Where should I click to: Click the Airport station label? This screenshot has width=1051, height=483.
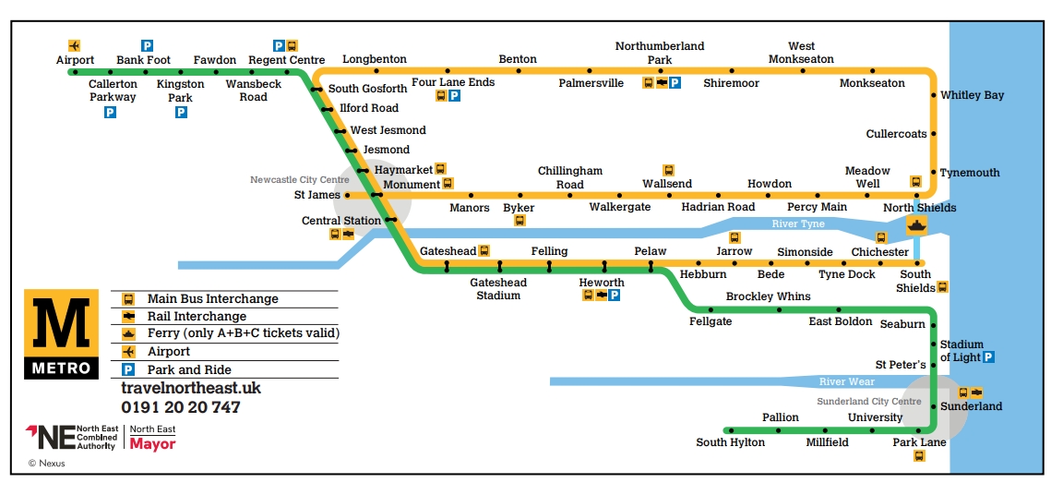pyautogui.click(x=75, y=60)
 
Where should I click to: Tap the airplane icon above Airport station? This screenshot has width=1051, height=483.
pyautogui.click(x=75, y=44)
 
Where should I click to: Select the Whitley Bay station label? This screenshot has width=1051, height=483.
pyautogui.click(x=972, y=95)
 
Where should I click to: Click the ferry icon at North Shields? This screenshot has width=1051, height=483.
pyautogui.click(x=917, y=225)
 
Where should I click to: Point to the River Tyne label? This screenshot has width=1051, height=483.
pyautogui.click(x=798, y=223)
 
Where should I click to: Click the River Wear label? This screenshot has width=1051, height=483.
pyautogui.click(x=846, y=381)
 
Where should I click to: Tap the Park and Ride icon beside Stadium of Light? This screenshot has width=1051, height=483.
pyautogui.click(x=988, y=357)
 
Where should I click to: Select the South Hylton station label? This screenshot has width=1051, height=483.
pyautogui.click(x=730, y=442)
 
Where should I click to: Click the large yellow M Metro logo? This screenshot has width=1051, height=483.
pyautogui.click(x=62, y=324)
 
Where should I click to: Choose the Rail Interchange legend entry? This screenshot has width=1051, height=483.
pyautogui.click(x=197, y=316)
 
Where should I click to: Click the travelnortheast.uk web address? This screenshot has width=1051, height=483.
pyautogui.click(x=191, y=389)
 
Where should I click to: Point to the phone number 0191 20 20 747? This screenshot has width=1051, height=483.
pyautogui.click(x=180, y=407)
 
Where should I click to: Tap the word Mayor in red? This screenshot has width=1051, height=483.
pyautogui.click(x=152, y=443)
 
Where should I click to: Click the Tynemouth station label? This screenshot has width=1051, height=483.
pyautogui.click(x=969, y=173)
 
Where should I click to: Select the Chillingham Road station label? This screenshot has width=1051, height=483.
pyautogui.click(x=569, y=177)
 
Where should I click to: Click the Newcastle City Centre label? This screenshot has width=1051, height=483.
pyautogui.click(x=299, y=179)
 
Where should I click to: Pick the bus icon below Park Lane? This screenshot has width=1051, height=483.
pyautogui.click(x=919, y=456)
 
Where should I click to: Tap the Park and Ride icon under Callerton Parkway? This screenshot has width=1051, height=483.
pyautogui.click(x=110, y=112)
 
